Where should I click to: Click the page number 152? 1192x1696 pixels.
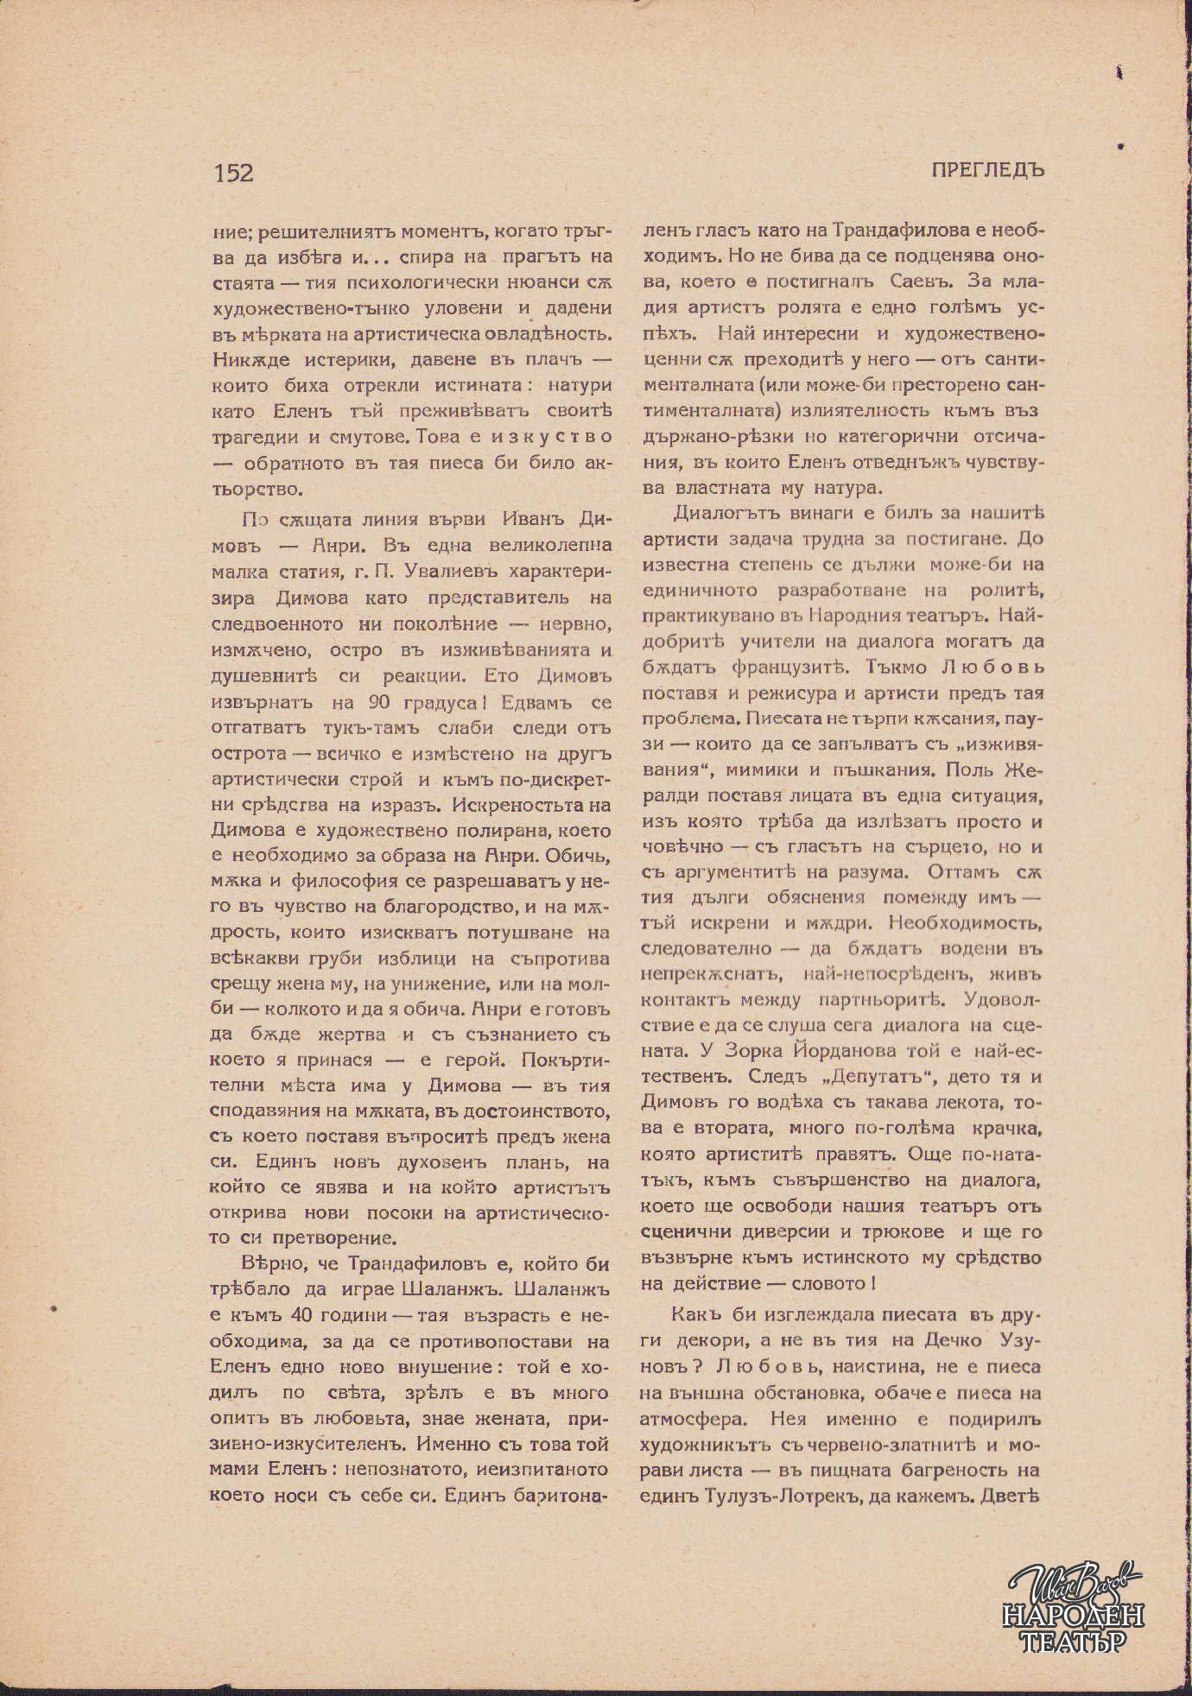[x=233, y=173]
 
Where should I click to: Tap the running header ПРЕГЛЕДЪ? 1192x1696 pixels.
[x=988, y=170]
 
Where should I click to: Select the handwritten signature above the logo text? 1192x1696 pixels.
[x=1071, y=1583]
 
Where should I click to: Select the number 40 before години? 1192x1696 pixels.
[x=302, y=1316]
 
